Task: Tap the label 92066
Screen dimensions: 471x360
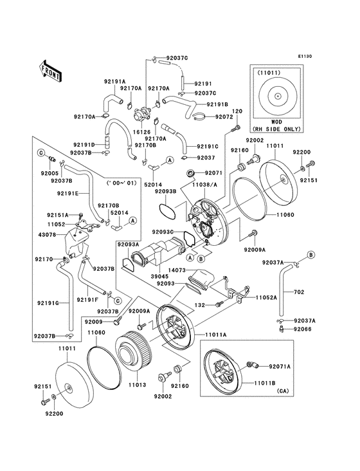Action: click(x=305, y=329)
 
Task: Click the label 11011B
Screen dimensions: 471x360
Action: click(x=265, y=383)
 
